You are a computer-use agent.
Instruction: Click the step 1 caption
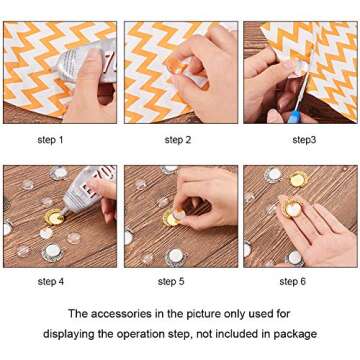50,140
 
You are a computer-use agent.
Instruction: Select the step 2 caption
178,140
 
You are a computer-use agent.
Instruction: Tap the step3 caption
304,140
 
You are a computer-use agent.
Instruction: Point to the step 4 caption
50,282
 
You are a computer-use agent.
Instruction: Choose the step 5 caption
171,282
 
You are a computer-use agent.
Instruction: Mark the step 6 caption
293,282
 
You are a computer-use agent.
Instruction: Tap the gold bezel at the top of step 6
296,180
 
